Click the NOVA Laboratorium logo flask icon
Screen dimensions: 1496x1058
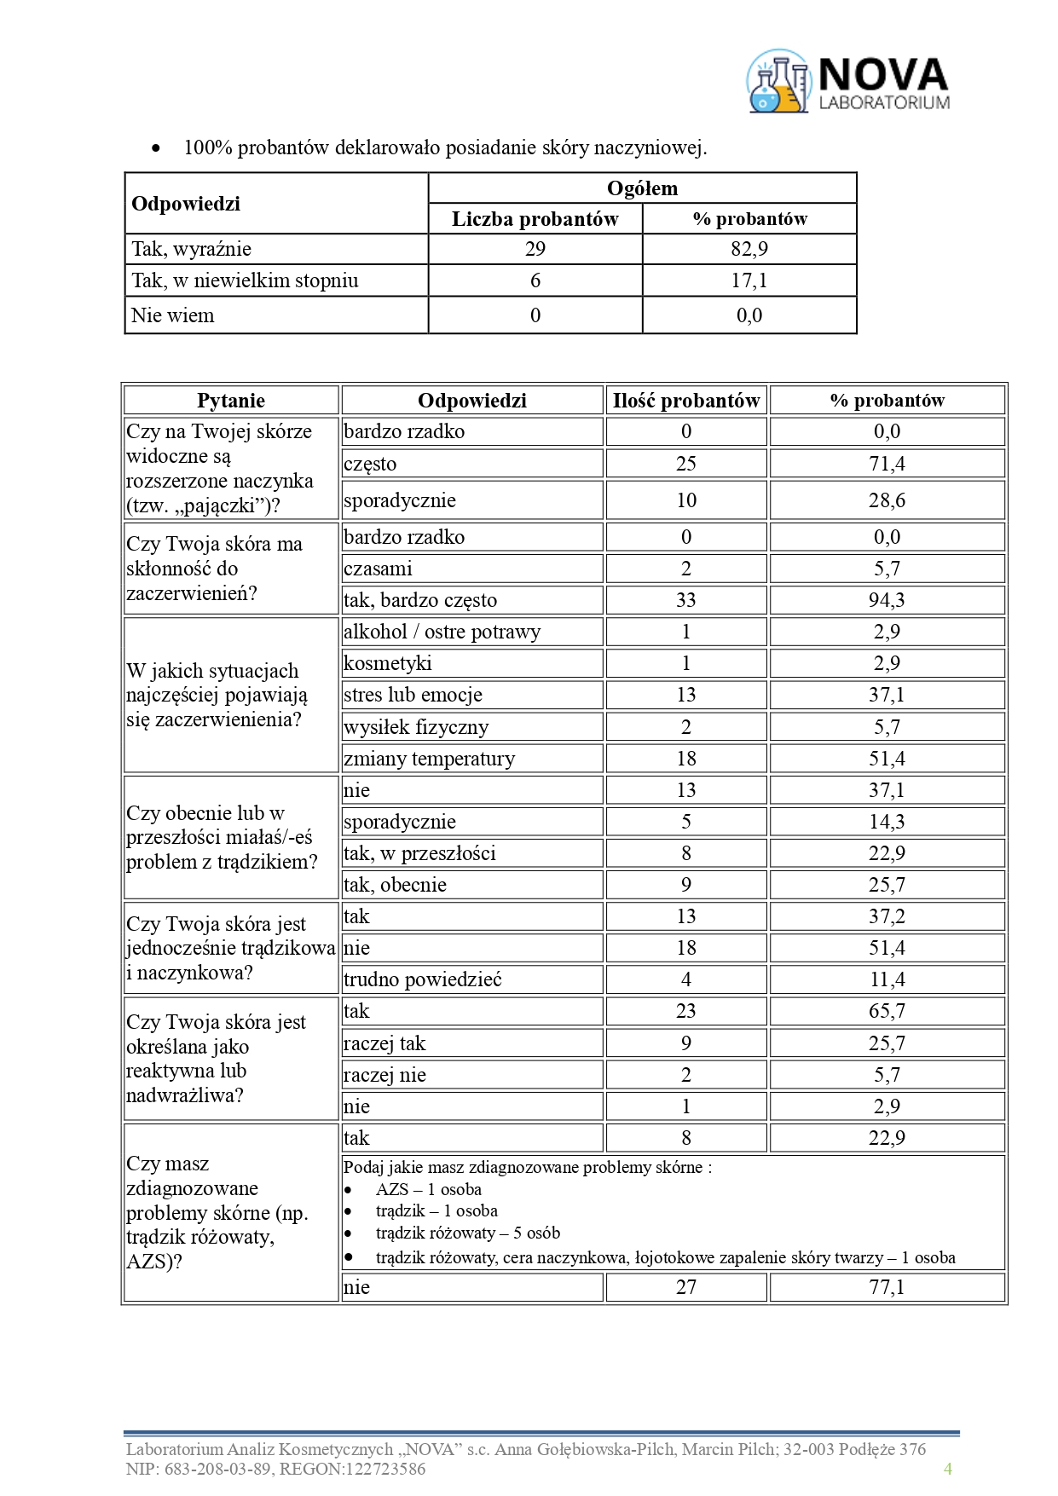(x=778, y=82)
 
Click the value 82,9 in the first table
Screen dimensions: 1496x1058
(x=749, y=249)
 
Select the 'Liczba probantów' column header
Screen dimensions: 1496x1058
(x=535, y=219)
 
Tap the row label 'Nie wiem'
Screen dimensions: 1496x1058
(x=173, y=315)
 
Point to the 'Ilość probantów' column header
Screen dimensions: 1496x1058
(x=685, y=401)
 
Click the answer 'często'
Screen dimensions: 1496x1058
(x=370, y=464)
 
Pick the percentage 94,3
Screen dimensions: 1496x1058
(x=887, y=600)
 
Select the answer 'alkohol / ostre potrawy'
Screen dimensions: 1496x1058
(x=442, y=632)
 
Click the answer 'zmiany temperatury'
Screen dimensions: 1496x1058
(x=429, y=759)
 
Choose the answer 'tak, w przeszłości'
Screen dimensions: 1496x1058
(x=419, y=853)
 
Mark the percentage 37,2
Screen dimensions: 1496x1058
(x=887, y=916)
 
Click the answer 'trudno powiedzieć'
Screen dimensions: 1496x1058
(x=422, y=979)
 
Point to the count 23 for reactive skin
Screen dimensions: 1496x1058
(x=685, y=1011)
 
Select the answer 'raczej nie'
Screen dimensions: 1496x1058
(x=384, y=1075)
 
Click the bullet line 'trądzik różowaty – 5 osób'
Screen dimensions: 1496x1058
(x=467, y=1233)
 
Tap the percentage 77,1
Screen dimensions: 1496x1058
(x=887, y=1287)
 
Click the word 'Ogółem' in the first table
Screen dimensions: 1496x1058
(x=642, y=188)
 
